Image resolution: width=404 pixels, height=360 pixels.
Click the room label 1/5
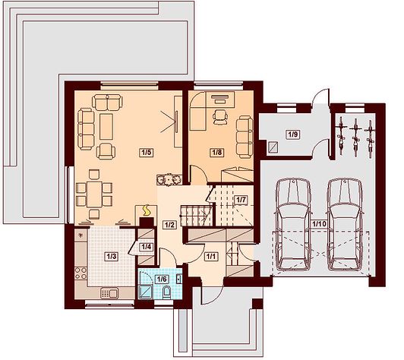(146, 153)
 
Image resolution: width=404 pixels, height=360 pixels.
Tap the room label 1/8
(217, 153)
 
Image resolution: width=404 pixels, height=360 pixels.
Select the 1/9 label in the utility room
(293, 134)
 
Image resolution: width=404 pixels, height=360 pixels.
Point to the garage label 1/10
(320, 224)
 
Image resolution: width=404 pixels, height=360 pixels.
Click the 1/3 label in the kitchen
(112, 257)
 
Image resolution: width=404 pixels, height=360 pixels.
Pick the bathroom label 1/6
(163, 279)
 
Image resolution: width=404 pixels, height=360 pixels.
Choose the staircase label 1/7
(241, 200)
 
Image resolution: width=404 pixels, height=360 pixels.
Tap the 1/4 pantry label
(147, 247)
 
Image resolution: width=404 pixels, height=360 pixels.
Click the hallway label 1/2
(170, 225)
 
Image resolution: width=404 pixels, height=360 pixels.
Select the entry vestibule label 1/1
(211, 257)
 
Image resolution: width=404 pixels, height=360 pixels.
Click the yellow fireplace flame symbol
(147, 210)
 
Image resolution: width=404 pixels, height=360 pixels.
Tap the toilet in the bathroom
(167, 292)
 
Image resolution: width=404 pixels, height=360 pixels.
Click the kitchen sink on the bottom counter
(109, 293)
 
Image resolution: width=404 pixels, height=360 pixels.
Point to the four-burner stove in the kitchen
(81, 273)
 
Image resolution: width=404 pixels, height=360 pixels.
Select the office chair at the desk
(220, 117)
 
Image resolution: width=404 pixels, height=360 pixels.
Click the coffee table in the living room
(106, 127)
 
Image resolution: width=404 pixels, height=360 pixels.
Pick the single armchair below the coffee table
(106, 151)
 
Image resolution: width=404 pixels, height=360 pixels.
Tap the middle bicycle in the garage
(356, 137)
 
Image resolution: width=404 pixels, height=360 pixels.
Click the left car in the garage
(293, 224)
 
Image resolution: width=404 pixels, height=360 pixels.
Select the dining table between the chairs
(94, 194)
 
